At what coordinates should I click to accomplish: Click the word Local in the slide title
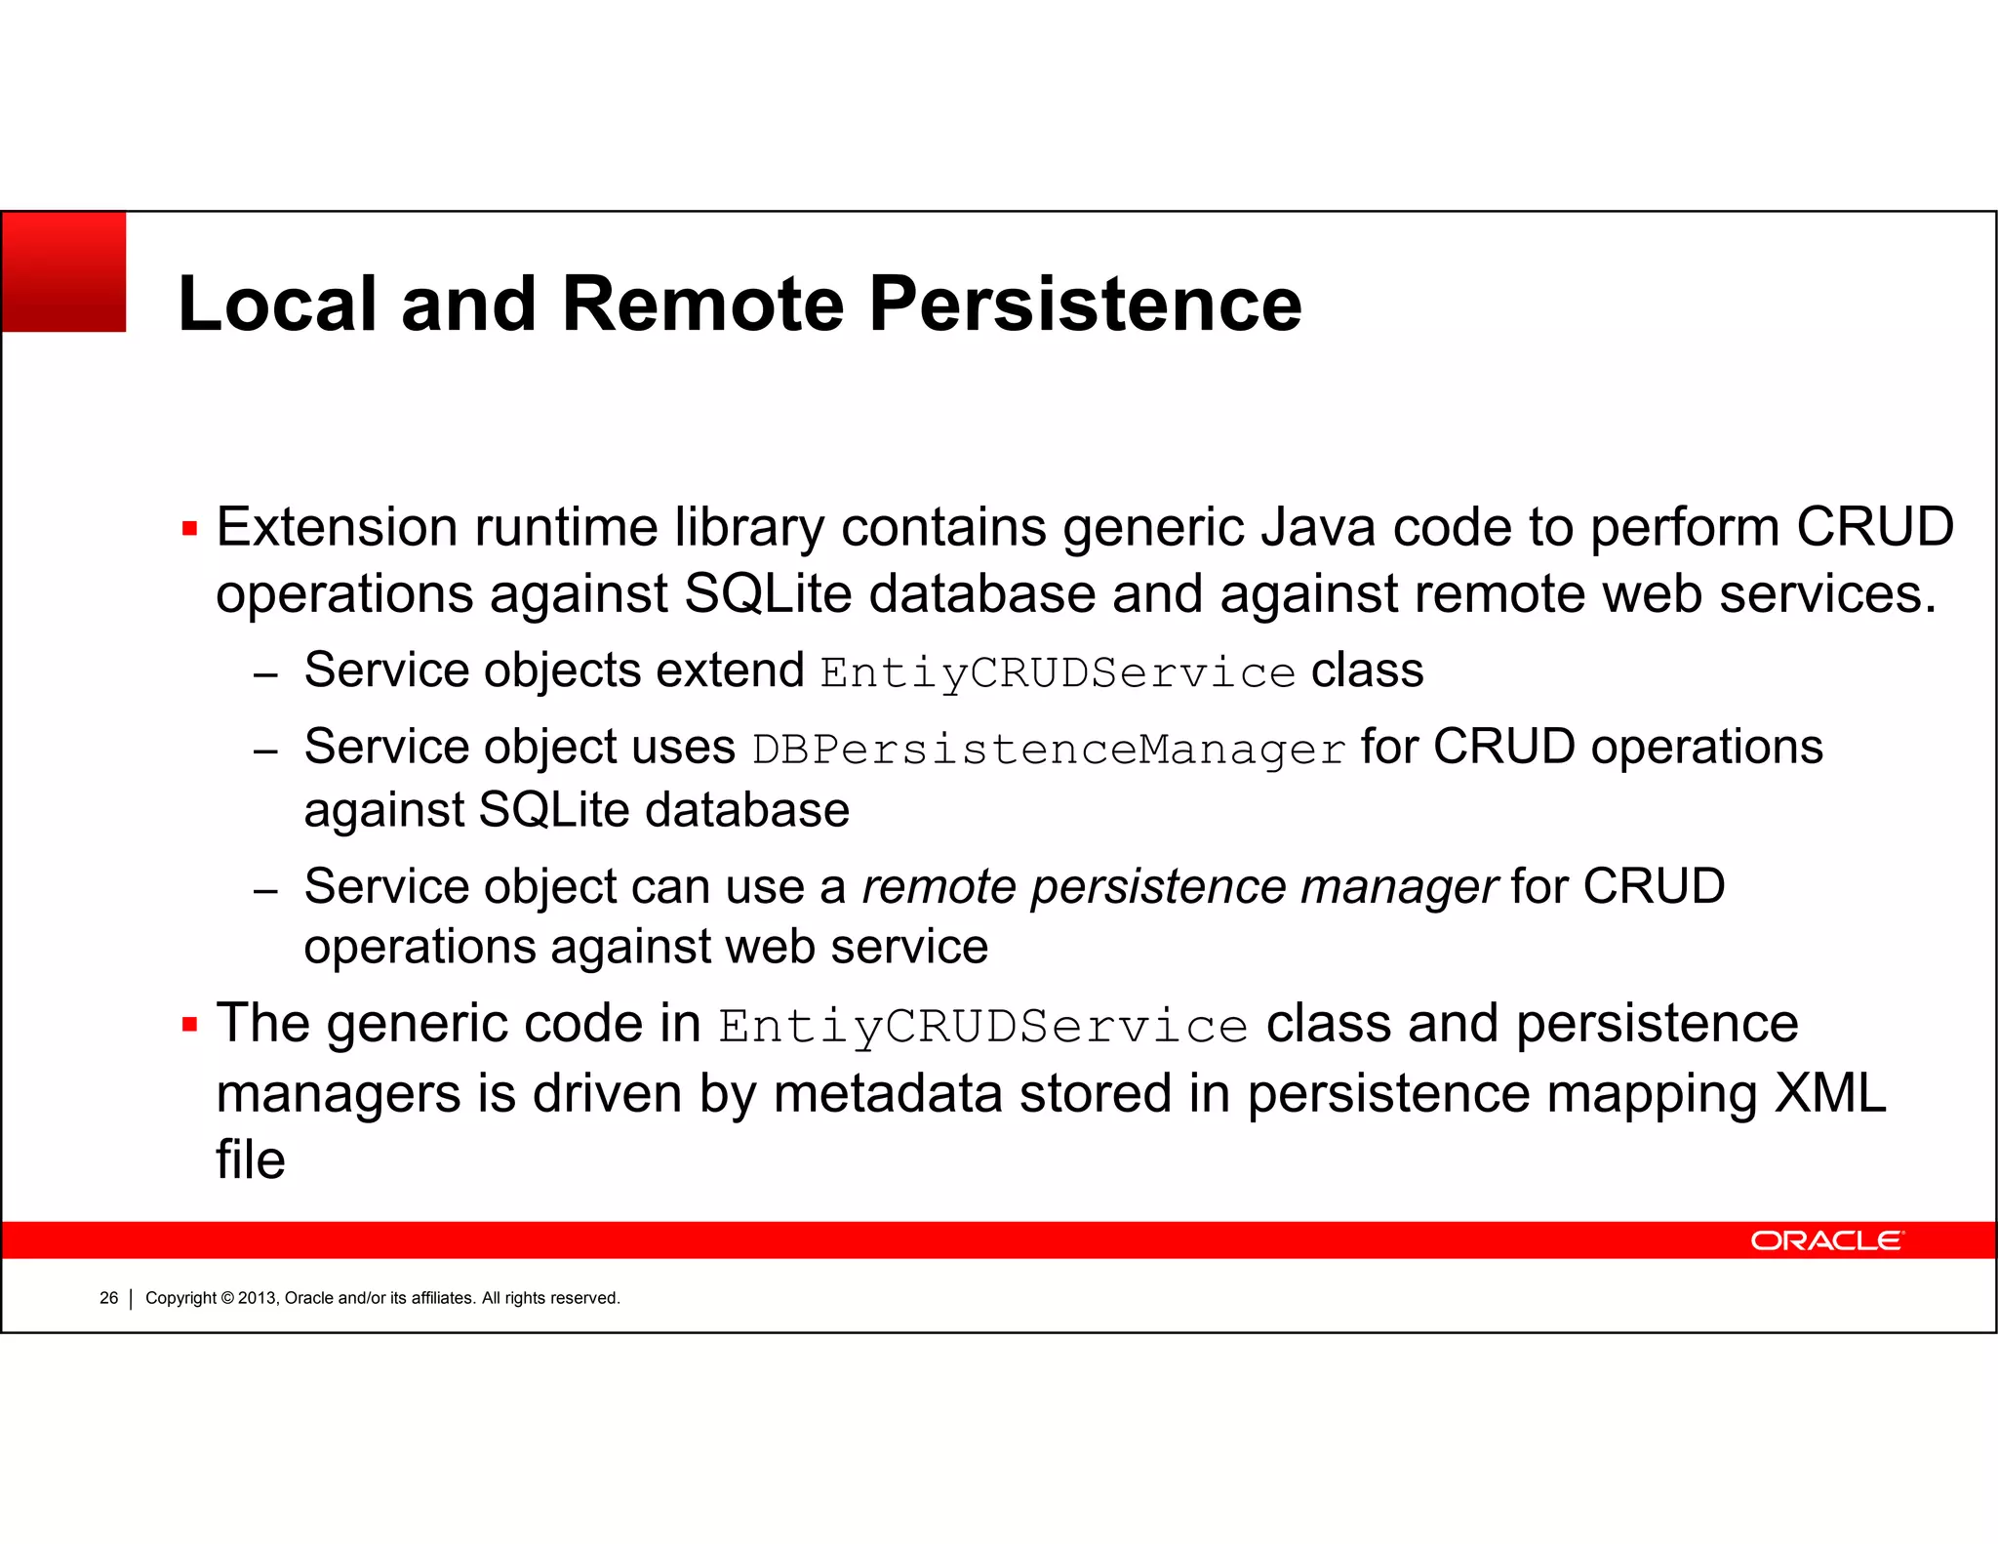coord(277,304)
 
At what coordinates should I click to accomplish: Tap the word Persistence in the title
coord(1085,304)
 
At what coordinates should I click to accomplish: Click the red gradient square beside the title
coord(63,272)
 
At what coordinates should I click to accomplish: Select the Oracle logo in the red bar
coord(1825,1240)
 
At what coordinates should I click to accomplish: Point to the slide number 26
coord(108,1298)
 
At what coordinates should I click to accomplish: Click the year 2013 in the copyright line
coord(257,1298)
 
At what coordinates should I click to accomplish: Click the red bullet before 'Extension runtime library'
coord(189,530)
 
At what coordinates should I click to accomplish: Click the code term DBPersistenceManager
coord(1049,750)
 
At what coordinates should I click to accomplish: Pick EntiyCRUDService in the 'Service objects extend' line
coord(1058,673)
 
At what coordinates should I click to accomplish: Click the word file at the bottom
coord(251,1160)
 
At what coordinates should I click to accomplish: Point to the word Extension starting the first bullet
coord(337,528)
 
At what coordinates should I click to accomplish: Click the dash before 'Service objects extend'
coord(265,674)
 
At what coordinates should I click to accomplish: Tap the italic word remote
coord(939,888)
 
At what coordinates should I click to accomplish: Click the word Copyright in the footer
coord(180,1298)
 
